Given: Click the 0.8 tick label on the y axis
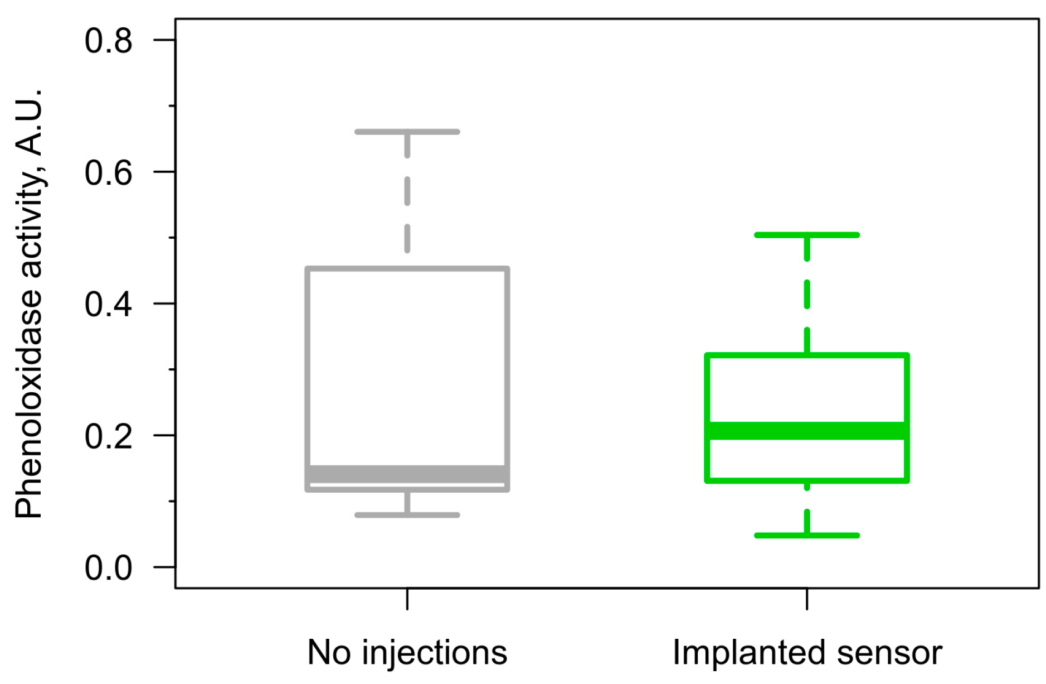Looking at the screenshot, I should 108,41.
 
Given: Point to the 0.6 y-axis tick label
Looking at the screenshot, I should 108,172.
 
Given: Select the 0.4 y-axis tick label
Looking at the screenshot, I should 108,304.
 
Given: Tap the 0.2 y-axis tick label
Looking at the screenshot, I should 108,436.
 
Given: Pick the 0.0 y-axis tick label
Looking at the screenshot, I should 108,568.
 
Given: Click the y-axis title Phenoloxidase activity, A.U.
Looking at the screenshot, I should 29,304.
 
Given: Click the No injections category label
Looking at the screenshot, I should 407,652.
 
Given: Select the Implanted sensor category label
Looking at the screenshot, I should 807,652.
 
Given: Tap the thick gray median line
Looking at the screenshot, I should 407,474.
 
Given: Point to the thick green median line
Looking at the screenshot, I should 807,431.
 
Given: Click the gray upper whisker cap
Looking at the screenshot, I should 407,132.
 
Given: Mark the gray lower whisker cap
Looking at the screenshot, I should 407,515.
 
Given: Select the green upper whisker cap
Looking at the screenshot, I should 807,235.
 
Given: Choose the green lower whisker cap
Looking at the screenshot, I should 807,536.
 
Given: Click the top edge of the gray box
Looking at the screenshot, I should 407,269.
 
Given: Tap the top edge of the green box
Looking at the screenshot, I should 807,355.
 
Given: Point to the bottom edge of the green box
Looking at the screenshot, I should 807,480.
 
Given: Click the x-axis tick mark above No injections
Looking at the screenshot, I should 407,599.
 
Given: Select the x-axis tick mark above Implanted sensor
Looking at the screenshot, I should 807,599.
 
